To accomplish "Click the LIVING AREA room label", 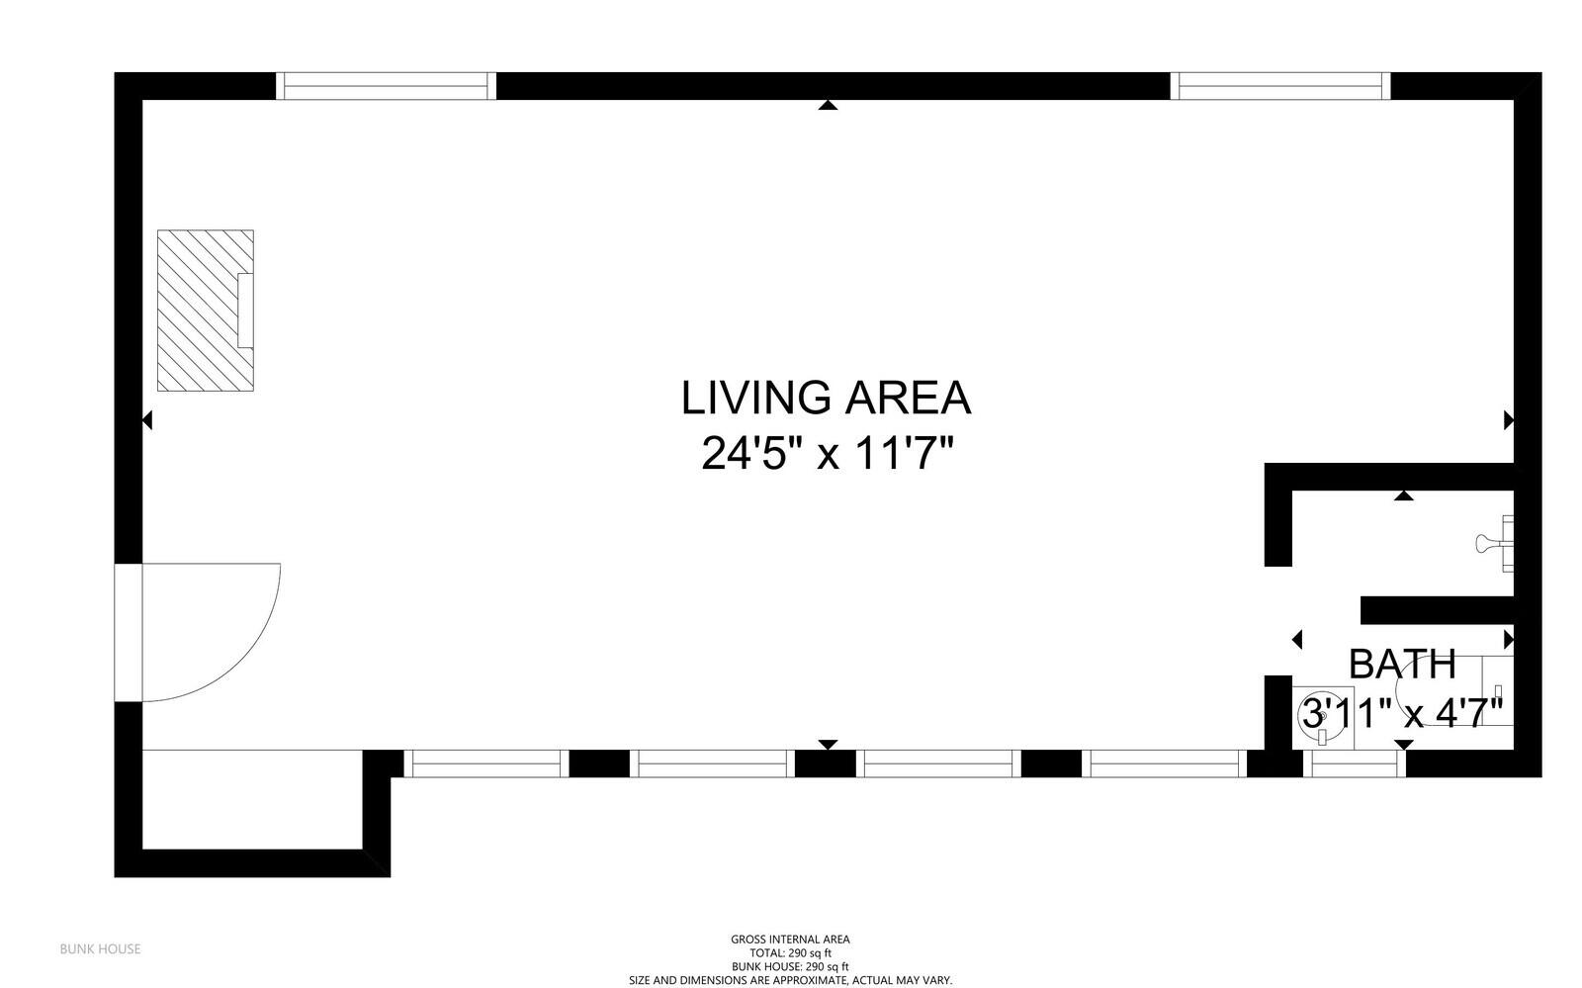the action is click(826, 398).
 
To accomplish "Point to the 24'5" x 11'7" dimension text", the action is click(827, 453).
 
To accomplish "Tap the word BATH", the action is click(1403, 664).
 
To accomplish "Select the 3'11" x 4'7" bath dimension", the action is click(1401, 713).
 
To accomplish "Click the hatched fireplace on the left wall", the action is click(206, 310).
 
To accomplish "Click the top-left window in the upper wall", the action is click(386, 86).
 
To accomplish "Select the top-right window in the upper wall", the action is click(1280, 86).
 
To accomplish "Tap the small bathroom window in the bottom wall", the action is click(1354, 763).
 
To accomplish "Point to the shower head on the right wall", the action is click(1493, 544).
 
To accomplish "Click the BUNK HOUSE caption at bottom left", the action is click(100, 949).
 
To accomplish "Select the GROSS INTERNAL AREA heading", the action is click(790, 940).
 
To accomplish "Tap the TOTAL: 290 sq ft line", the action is click(790, 953).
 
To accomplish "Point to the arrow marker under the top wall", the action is click(828, 105).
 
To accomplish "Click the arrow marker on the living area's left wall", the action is click(147, 420).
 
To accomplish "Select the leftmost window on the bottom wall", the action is click(485, 763).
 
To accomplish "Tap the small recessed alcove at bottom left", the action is click(252, 799).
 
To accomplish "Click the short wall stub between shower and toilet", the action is click(1438, 611).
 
